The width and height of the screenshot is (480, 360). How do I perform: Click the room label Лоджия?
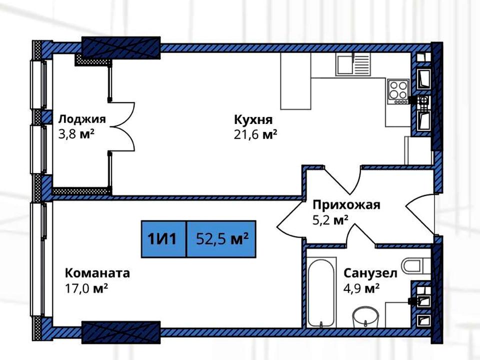click(x=82, y=119)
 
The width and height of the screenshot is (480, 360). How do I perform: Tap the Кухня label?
click(x=253, y=119)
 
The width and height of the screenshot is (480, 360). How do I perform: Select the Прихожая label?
click(x=346, y=205)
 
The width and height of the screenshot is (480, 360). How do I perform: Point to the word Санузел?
click(x=370, y=273)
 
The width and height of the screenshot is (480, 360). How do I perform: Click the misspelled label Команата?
click(x=97, y=273)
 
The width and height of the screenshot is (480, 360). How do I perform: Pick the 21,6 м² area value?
click(x=255, y=134)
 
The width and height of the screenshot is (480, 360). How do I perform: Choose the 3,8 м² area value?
click(x=76, y=134)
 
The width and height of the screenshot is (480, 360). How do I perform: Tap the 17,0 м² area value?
click(x=86, y=288)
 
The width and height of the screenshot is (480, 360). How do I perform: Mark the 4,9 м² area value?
click(x=361, y=288)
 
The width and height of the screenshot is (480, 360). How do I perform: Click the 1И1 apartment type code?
click(x=162, y=239)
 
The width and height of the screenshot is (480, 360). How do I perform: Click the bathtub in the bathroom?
click(x=321, y=292)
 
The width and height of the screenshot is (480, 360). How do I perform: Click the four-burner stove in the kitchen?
click(x=398, y=91)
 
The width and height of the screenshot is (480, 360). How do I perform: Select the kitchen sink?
click(x=353, y=64)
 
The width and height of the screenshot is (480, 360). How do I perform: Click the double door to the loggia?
click(x=122, y=126)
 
